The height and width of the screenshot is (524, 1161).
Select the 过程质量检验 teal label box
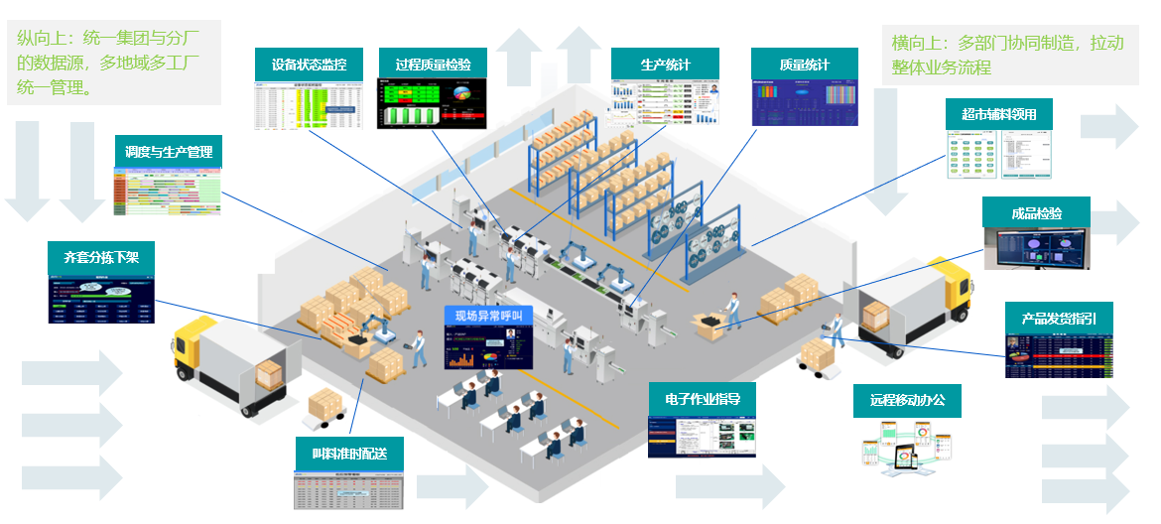tap(433, 65)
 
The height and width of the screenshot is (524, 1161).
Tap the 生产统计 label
tap(665, 65)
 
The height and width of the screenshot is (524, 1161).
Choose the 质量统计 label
tap(804, 65)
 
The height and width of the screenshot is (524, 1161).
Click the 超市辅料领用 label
tap(998, 114)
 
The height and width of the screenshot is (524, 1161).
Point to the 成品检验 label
tap(1036, 212)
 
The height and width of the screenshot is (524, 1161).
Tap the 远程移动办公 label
tap(908, 400)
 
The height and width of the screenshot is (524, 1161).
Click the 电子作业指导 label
tap(703, 398)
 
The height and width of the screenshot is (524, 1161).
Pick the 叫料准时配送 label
tap(349, 453)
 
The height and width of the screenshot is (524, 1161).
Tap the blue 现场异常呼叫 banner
tap(487, 316)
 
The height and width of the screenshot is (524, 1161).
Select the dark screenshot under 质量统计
tap(804, 101)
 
